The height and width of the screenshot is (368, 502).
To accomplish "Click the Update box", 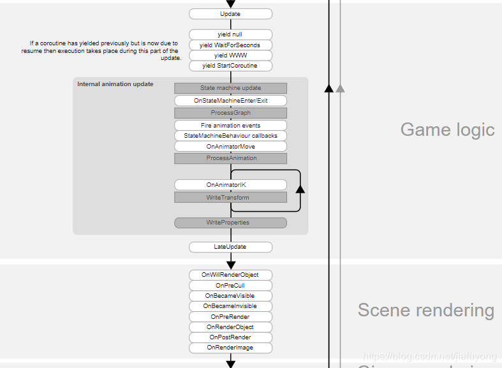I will point(230,14).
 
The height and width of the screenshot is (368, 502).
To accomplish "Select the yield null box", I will point(230,34).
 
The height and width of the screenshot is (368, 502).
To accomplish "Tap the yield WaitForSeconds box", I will point(230,45).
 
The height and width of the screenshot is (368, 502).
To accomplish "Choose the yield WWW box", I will point(230,55).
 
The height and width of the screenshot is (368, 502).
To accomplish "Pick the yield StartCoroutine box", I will point(230,66).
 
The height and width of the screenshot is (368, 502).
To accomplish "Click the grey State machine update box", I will point(230,88).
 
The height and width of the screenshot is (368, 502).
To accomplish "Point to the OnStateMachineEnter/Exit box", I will point(230,101).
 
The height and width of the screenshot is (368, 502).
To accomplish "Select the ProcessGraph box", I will point(230,113).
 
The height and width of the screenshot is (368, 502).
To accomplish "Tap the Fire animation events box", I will point(230,126).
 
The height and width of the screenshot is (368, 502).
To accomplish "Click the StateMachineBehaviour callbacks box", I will point(230,136).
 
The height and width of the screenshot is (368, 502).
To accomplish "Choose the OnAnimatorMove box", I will point(230,146).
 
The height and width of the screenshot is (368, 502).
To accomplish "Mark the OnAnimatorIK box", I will point(230,185).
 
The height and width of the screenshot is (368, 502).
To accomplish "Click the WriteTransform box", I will point(230,198).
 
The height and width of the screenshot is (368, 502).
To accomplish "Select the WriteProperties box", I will point(230,223).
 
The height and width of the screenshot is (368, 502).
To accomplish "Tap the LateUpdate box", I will point(230,247).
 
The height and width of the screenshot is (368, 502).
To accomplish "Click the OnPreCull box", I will point(230,286).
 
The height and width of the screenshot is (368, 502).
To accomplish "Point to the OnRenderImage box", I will point(230,348).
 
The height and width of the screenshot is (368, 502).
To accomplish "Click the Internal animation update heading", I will point(115,84).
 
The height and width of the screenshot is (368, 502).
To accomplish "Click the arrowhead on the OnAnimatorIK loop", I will point(300,189).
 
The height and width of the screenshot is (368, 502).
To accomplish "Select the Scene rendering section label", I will point(425,311).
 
